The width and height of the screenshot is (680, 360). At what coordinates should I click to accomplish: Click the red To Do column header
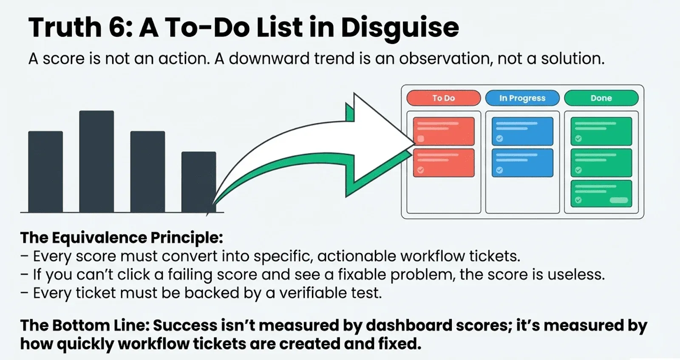[444, 98]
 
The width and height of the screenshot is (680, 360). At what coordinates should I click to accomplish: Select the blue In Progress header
[522, 98]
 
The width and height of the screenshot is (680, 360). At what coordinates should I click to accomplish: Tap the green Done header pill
[601, 98]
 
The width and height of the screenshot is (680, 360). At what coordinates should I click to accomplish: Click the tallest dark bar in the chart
[96, 162]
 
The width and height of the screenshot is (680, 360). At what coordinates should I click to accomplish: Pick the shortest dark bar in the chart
[199, 182]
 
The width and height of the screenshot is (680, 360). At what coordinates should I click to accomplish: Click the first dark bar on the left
[45, 172]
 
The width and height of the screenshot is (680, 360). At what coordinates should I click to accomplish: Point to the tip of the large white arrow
[414, 143]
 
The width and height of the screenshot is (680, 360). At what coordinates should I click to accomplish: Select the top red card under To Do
[444, 131]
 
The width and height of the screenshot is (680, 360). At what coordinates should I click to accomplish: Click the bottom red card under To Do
[444, 163]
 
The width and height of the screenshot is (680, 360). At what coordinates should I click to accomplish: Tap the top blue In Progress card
[522, 131]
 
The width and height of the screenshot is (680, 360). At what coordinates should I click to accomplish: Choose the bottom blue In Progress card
[522, 163]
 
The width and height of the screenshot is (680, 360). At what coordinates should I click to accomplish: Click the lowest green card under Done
[601, 194]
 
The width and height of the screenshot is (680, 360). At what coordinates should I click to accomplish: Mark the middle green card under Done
[601, 163]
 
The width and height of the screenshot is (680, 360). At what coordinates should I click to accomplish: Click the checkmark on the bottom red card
[420, 170]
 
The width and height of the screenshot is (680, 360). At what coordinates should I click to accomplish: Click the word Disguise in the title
[400, 28]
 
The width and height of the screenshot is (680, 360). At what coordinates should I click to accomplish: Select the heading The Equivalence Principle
[122, 238]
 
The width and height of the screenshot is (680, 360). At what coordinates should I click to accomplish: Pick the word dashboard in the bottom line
[408, 326]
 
